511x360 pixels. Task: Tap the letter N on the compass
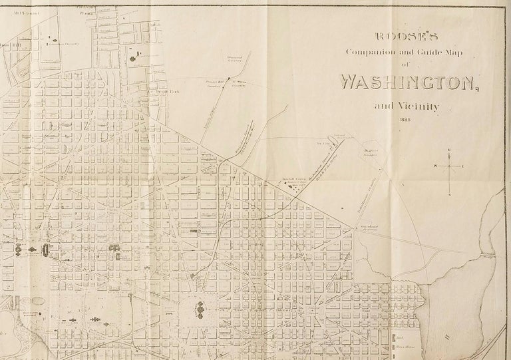[450, 150]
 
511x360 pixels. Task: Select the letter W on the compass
[436, 165]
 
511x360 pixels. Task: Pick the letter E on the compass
[464, 165]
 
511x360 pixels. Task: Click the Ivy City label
[324, 141]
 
